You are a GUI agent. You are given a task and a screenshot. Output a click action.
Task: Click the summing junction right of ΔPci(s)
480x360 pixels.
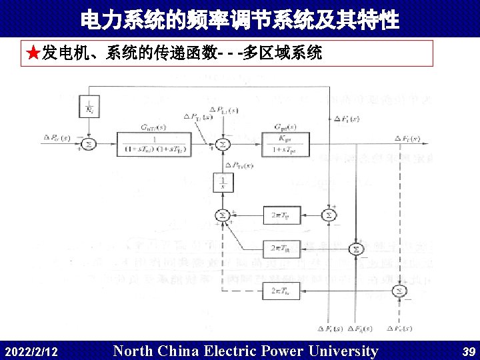pos(88,143)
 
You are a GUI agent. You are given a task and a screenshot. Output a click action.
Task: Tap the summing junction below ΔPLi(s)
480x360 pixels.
pos(223,143)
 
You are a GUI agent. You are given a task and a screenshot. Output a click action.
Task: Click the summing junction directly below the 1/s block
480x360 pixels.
pos(222,215)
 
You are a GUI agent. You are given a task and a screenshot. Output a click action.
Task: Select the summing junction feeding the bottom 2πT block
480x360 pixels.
pos(399,291)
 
